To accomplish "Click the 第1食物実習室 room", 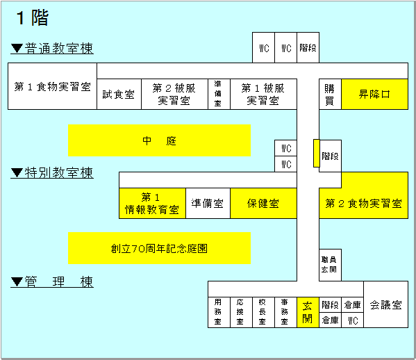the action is [52, 86].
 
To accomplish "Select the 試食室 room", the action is [119, 94].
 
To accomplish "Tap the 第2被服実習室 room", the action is [174, 94].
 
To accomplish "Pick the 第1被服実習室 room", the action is [263, 94].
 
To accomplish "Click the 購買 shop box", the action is [330, 94].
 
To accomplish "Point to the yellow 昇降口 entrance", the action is [374, 94].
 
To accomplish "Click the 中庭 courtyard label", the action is [160, 140].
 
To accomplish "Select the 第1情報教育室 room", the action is [152, 204].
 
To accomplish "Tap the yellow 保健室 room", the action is [263, 204].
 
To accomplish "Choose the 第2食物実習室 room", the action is [363, 204].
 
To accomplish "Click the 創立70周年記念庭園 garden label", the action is [160, 248].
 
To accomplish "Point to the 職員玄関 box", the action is [330, 265].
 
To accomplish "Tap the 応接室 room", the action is [241, 312].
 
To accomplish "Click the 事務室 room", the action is [285, 312].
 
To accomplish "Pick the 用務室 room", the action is [219, 312].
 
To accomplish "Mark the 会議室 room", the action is [385, 304].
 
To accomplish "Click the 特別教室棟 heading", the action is [59, 173].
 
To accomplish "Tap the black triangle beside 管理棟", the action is [17, 281].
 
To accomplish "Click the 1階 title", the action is [33, 18].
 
